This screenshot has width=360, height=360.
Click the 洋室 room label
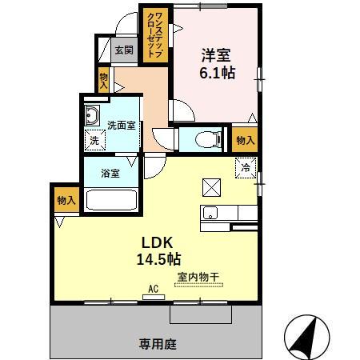pyautogui.click(x=216, y=55)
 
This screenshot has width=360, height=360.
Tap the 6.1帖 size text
pyautogui.click(x=216, y=73)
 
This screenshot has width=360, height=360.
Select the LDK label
pyautogui.click(x=159, y=242)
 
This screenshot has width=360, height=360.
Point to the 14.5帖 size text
pyautogui.click(x=158, y=259)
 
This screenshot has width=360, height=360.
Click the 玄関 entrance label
pyautogui.click(x=123, y=50)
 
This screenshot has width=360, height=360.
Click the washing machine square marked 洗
pyautogui.click(x=95, y=139)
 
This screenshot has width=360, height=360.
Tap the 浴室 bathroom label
pyautogui.click(x=110, y=171)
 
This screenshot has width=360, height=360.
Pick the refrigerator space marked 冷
pyautogui.click(x=246, y=168)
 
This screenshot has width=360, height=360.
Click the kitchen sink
pyautogui.click(x=210, y=213)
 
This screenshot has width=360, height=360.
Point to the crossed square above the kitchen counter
pyautogui.click(x=211, y=186)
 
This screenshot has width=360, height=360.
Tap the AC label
pyautogui.click(x=152, y=289)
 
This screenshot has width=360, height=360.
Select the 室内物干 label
pyautogui.click(x=193, y=277)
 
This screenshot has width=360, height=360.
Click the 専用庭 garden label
pyautogui.click(x=157, y=345)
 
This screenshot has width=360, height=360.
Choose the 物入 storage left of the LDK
pyautogui.click(x=66, y=200)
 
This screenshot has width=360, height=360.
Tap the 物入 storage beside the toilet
pyautogui.click(x=245, y=139)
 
